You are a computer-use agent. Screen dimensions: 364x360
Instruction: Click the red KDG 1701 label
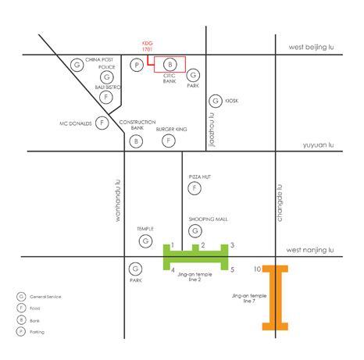[147, 46]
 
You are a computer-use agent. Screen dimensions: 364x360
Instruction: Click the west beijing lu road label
[311, 47]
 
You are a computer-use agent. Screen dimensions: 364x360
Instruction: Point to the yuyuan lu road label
[318, 144]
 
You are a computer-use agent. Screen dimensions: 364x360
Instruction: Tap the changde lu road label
[280, 203]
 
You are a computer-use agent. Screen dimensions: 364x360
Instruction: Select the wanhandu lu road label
[118, 201]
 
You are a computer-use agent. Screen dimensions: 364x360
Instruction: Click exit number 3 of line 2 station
[232, 245]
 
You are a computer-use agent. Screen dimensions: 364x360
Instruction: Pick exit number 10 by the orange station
[257, 269]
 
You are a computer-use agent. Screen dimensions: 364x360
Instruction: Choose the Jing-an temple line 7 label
[249, 298]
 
